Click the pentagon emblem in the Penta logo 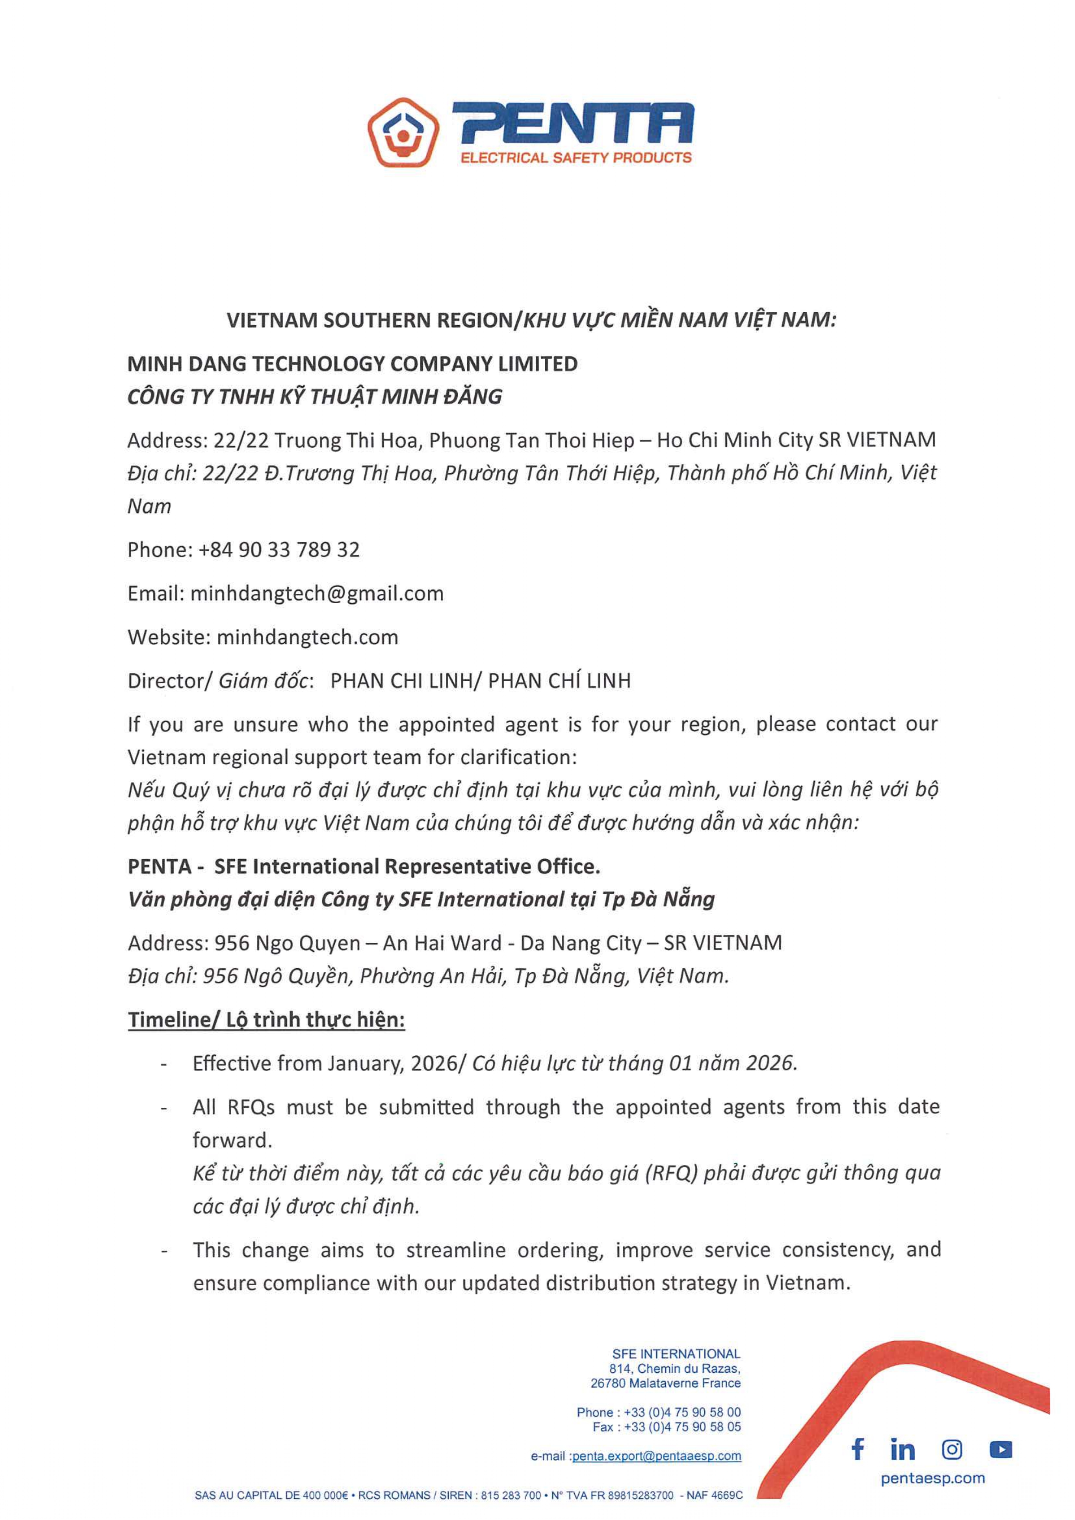403,133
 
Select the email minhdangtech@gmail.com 317,593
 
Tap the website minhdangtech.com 307,637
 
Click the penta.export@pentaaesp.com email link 657,1456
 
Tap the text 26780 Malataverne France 665,1383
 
